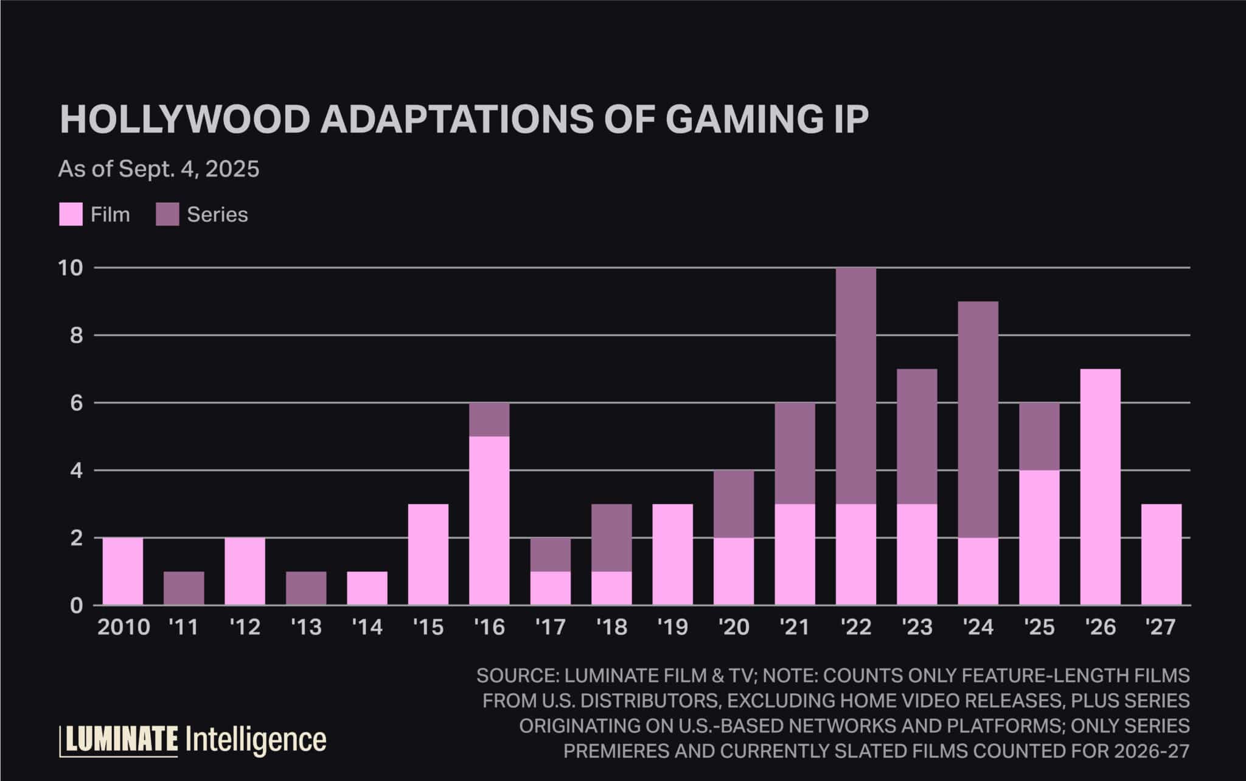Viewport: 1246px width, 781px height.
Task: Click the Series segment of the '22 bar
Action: (x=856, y=386)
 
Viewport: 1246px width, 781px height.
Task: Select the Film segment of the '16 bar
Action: (x=490, y=520)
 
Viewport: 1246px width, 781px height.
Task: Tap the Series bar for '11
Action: (x=184, y=588)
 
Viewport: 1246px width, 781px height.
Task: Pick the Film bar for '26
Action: (x=1101, y=487)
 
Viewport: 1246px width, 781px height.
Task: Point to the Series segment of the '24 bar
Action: (x=978, y=419)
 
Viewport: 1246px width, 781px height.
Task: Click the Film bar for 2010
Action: (x=123, y=571)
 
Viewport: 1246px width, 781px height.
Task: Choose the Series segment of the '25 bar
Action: (x=1039, y=436)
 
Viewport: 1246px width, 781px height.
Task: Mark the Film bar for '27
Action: (x=1161, y=555)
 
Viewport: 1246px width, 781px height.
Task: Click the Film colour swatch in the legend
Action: (x=71, y=215)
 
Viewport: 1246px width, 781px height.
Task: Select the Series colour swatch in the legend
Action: (x=167, y=215)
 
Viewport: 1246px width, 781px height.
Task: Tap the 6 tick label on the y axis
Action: (x=77, y=403)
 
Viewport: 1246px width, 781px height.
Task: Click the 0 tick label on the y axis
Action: (x=77, y=606)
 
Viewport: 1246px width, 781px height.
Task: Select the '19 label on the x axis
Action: (x=672, y=626)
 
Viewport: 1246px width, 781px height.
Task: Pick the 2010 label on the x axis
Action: (x=124, y=626)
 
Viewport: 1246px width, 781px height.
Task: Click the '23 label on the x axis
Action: (x=917, y=626)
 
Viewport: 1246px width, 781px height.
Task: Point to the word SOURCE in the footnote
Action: (x=516, y=676)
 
